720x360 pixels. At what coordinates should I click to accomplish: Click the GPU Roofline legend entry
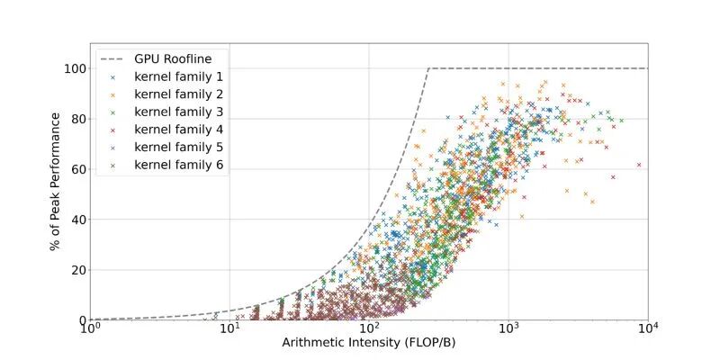(x=173, y=59)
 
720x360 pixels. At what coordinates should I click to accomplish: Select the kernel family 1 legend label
(x=179, y=77)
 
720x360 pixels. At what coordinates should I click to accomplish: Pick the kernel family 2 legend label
(x=179, y=94)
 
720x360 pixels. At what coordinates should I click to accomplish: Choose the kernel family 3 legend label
(x=179, y=112)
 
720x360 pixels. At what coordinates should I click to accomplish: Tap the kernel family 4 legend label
(x=179, y=130)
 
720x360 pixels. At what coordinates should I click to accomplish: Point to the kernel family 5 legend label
(x=179, y=147)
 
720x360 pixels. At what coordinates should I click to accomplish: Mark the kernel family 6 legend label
(x=179, y=165)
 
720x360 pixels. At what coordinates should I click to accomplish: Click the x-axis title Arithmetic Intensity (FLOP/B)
(x=369, y=343)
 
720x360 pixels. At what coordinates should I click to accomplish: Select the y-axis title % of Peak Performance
(x=57, y=194)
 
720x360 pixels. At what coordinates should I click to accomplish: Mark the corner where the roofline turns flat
(x=428, y=68)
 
